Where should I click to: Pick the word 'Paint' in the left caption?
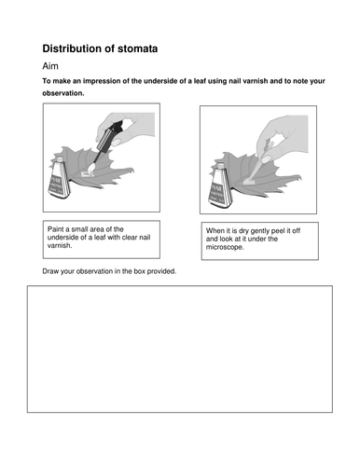(58, 229)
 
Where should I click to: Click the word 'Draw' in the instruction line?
(52, 271)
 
